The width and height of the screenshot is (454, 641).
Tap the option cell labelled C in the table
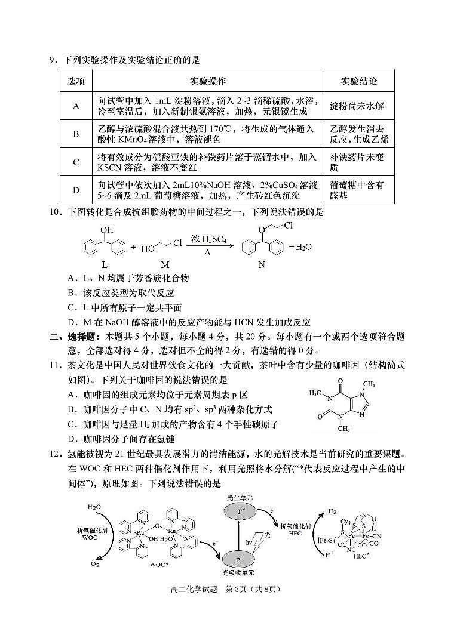(76, 162)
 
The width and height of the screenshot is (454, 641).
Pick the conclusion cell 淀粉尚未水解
(357, 106)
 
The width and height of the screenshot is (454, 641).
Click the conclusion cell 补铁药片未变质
(357, 162)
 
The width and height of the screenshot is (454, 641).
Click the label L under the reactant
(105, 264)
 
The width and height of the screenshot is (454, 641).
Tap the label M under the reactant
(165, 264)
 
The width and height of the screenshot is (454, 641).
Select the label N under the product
(262, 264)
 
